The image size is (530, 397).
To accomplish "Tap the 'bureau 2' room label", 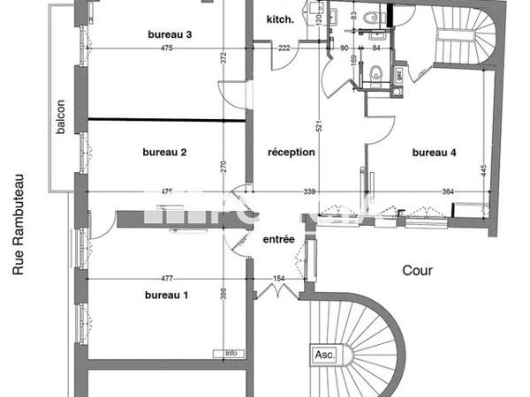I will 164,152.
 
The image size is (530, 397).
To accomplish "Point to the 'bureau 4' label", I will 435,152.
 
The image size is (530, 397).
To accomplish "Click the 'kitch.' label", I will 281,19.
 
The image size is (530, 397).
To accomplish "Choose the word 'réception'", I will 291,152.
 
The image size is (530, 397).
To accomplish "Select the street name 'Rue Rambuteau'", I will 17,224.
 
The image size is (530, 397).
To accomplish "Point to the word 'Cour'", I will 417,271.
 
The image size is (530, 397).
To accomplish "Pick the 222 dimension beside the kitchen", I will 284,48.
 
